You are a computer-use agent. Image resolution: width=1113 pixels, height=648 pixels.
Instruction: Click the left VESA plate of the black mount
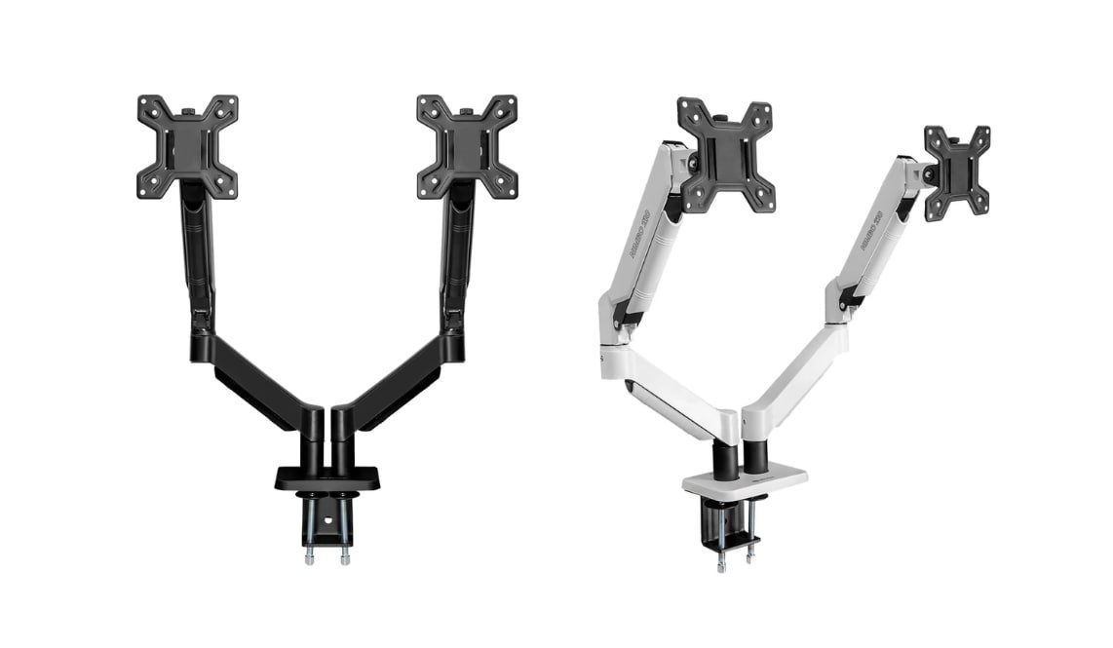pos(187,144)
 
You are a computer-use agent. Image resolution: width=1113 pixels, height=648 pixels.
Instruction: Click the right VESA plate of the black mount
pos(467,144)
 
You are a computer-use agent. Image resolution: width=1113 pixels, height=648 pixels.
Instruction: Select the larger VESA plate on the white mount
pos(726,155)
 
